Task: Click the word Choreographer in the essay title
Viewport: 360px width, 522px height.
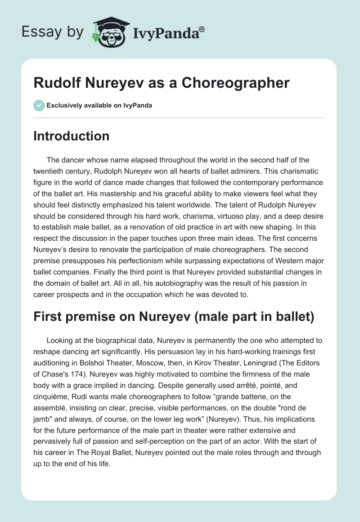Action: (238, 83)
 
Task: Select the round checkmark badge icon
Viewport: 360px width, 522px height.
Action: (39, 105)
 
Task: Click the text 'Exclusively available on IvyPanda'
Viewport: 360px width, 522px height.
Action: (99, 105)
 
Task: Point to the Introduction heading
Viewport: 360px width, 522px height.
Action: (71, 136)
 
